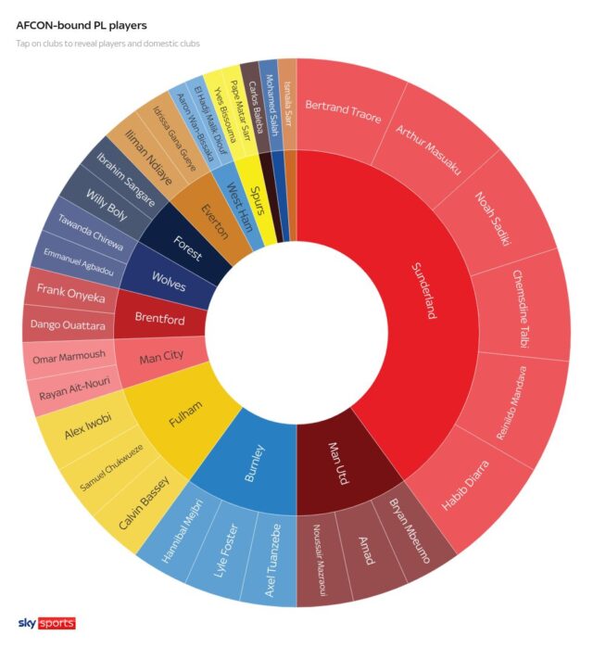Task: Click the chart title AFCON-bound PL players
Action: pyautogui.click(x=82, y=25)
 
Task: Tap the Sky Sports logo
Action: pyautogui.click(x=46, y=623)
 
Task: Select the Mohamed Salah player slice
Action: pyautogui.click(x=270, y=102)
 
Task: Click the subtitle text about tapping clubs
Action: pyautogui.click(x=107, y=44)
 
